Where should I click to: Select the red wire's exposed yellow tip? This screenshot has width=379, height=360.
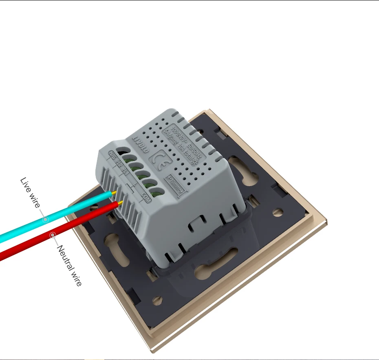121,202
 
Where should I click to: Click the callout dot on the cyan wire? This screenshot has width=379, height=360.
46,219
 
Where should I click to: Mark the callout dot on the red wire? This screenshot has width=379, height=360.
53,235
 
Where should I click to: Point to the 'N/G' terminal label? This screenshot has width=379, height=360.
113,155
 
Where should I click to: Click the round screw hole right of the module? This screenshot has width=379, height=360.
278,212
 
